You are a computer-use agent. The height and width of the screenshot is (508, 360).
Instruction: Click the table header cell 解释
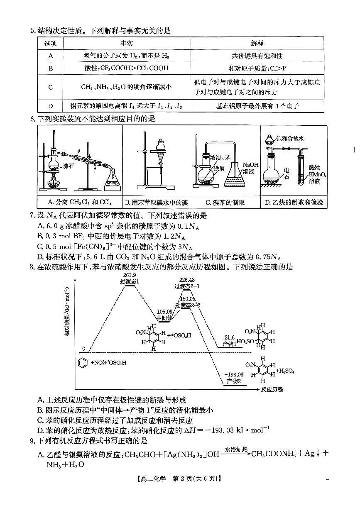pos(257,43)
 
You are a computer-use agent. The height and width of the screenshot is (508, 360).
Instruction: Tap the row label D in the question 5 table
pos(50,106)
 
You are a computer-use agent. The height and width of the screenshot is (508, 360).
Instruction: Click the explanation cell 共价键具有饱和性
pos(257,56)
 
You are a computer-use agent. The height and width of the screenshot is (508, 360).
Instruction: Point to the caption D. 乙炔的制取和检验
pos(294,203)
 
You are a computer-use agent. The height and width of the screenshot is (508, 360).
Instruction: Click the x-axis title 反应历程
pos(272,389)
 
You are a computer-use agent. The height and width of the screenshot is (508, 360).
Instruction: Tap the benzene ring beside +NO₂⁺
pos(82,362)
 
